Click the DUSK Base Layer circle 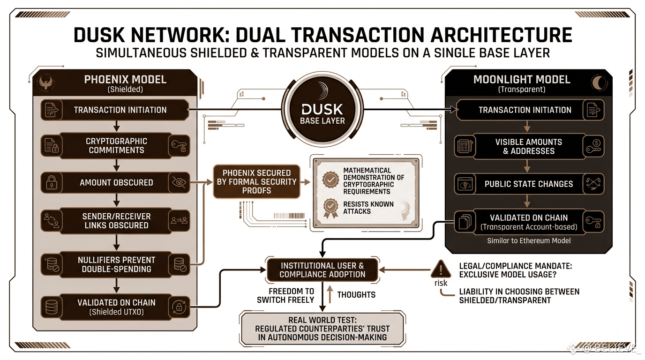[322, 109]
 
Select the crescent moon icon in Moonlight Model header [599, 83]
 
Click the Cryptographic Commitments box [116, 146]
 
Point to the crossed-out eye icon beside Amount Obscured [179, 182]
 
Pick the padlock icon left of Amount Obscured [51, 183]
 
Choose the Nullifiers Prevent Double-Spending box [116, 264]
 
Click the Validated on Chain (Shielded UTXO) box [116, 307]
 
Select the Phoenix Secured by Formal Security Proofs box [256, 182]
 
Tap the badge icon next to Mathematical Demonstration [330, 180]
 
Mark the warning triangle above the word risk [441, 269]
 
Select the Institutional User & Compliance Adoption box [322, 270]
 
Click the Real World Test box [322, 329]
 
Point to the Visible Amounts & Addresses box [529, 146]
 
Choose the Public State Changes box [529, 184]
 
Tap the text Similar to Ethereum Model [529, 241]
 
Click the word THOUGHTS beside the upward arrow [356, 295]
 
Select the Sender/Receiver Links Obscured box [116, 221]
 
